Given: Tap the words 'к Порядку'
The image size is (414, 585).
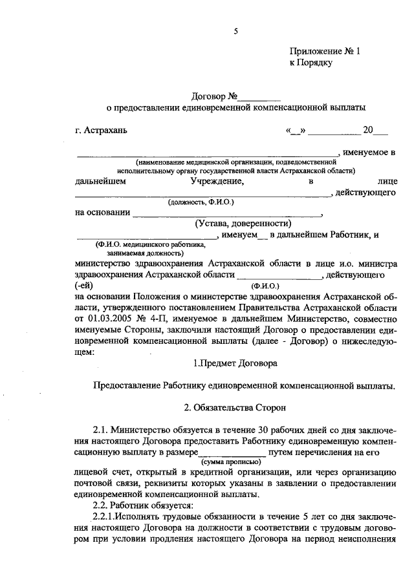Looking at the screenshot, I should [310, 63].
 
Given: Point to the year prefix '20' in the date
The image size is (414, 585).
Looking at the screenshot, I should [368, 130].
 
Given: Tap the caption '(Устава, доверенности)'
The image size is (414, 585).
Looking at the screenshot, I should [238, 223].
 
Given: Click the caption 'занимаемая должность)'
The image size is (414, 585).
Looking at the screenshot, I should [142, 253].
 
